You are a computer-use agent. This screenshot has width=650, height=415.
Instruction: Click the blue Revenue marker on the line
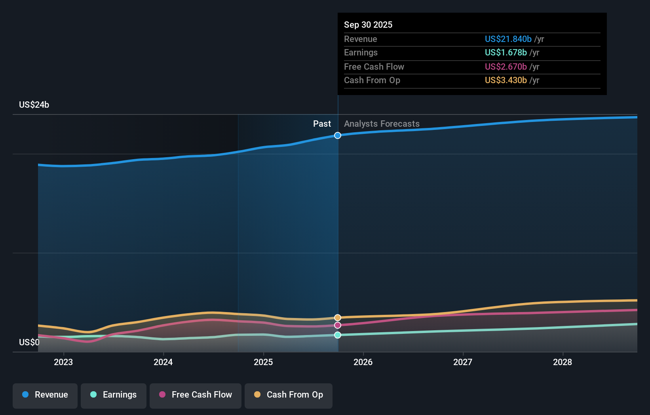click(x=338, y=135)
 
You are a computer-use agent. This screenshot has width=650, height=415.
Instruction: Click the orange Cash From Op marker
click(x=338, y=318)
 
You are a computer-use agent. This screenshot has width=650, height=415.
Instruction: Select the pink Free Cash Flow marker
click(x=338, y=325)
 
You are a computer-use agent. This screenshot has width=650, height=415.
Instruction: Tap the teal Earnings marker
click(x=338, y=335)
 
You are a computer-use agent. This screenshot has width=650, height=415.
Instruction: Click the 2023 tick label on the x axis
click(x=63, y=362)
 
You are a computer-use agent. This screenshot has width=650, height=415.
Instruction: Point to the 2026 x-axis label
click(x=363, y=362)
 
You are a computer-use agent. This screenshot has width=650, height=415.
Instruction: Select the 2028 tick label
click(x=563, y=362)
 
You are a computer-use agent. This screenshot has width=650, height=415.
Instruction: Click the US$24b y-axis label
click(x=34, y=105)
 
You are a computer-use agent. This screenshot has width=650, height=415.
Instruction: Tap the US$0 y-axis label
click(x=29, y=342)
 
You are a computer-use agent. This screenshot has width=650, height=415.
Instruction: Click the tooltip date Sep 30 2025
click(x=368, y=25)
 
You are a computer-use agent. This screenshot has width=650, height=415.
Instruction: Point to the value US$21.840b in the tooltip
click(x=508, y=39)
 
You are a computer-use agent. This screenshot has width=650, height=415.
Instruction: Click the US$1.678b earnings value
click(x=506, y=53)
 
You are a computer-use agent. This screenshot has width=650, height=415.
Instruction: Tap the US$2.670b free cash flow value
click(x=506, y=67)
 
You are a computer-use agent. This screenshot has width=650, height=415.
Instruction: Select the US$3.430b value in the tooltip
click(x=506, y=80)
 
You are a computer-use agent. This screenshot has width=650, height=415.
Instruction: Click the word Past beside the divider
click(x=322, y=124)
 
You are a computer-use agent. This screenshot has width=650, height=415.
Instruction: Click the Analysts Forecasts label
click(x=382, y=124)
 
